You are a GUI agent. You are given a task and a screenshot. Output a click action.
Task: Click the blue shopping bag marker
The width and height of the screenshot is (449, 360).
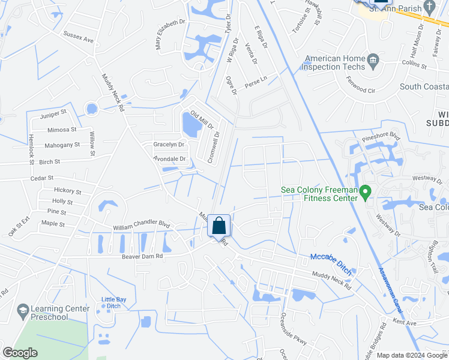click(220, 226)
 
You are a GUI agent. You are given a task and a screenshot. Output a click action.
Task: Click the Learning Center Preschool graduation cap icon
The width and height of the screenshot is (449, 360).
click(23, 311)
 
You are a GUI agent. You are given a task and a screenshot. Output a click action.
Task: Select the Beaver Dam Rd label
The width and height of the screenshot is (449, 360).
click(143, 256)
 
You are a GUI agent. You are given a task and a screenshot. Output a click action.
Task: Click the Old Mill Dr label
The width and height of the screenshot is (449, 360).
click(202, 120)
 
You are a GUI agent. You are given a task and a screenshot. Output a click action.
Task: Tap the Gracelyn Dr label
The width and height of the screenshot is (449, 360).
click(169, 145)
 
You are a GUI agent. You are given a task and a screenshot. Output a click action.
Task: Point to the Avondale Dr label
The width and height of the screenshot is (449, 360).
click(170, 159)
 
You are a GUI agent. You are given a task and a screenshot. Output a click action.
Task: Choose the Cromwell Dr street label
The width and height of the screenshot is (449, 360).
click(214, 146)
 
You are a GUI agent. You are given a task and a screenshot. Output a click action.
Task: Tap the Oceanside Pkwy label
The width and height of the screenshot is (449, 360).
click(294, 329)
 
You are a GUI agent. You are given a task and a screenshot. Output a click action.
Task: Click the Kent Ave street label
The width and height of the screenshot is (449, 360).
click(405, 323)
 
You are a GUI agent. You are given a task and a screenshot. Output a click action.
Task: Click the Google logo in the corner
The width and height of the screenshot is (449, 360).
click(20, 353)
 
